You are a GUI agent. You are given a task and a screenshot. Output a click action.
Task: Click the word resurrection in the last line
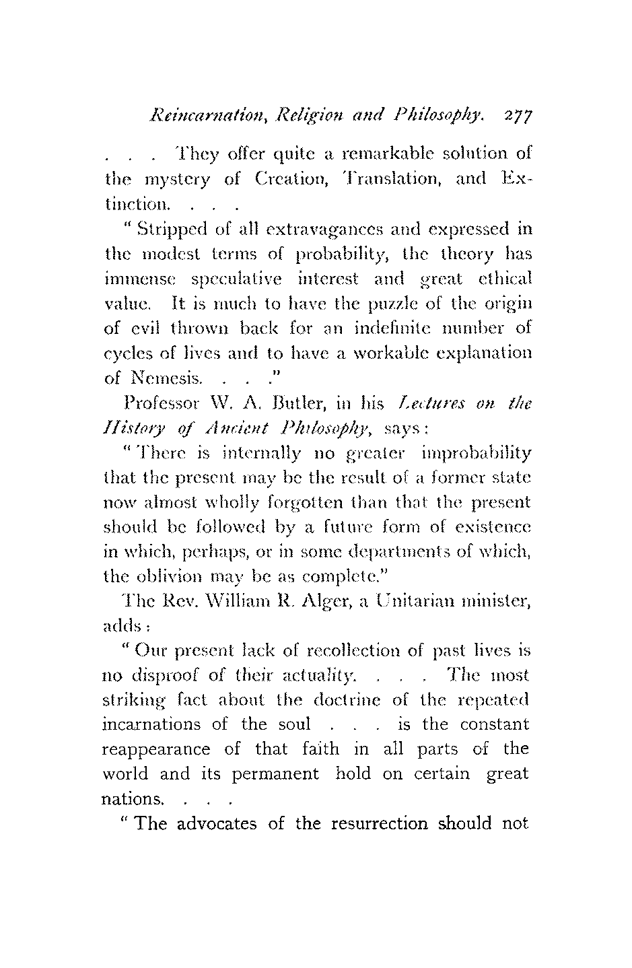381,824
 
